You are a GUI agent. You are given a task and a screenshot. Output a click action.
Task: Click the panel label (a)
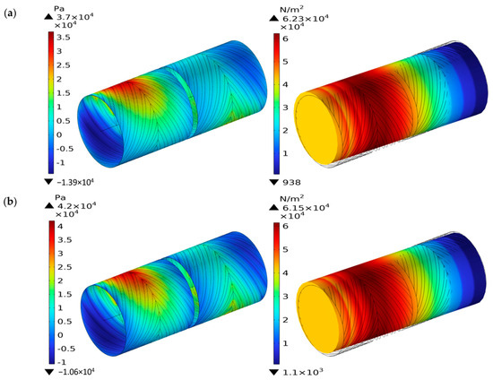point(10,13)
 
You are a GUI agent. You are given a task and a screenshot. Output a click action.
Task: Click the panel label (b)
point(10,202)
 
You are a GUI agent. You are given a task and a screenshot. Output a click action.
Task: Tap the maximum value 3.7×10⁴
point(74,17)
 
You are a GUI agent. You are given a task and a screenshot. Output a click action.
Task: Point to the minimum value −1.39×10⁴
point(75,182)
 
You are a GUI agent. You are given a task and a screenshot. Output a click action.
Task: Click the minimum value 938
point(291,182)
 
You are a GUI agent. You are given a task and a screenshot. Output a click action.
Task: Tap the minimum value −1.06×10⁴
point(76,372)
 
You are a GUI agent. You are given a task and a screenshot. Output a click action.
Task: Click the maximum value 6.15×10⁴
point(305,208)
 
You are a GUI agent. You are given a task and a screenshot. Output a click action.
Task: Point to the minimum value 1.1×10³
point(302,373)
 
